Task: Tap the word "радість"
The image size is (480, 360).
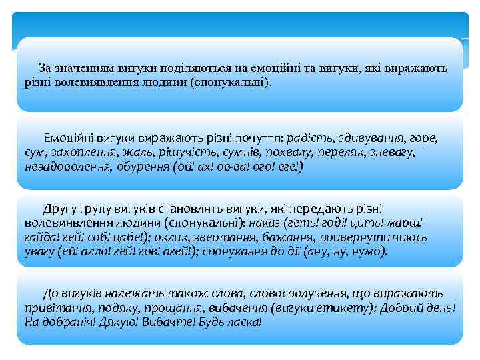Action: [x=307, y=139]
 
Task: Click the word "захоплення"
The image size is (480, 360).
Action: [x=80, y=153]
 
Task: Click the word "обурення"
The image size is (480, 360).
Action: [x=140, y=166]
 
